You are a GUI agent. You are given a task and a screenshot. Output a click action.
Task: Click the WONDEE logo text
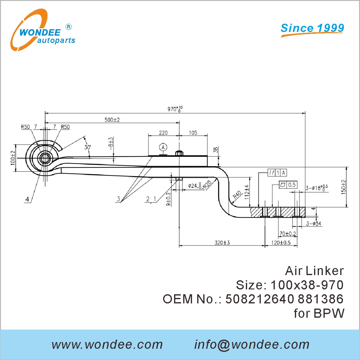click(x=40, y=32)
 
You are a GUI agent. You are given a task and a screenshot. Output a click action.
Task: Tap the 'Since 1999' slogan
click(x=312, y=28)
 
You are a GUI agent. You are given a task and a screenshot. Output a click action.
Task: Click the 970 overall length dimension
click(x=175, y=109)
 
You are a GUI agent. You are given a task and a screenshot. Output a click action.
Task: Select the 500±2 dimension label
click(x=112, y=120)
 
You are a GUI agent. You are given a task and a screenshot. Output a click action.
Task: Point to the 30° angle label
click(x=88, y=147)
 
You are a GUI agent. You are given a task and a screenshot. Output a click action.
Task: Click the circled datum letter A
click(x=163, y=147)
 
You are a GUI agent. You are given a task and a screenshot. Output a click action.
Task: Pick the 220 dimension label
click(x=163, y=133)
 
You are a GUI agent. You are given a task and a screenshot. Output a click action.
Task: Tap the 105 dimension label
click(x=193, y=133)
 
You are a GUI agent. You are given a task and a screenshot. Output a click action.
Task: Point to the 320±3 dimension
click(x=222, y=243)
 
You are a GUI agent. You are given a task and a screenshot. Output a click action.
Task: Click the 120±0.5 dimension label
click(x=281, y=243)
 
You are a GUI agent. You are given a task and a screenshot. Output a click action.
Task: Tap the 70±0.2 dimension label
click(x=288, y=234)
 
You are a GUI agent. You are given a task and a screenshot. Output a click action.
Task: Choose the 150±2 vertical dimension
click(x=344, y=187)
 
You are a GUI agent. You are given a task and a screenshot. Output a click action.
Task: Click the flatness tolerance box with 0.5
click(x=288, y=185)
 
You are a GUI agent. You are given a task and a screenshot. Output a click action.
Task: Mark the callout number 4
click(x=27, y=199)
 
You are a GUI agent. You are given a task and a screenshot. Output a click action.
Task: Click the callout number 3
click(x=118, y=199)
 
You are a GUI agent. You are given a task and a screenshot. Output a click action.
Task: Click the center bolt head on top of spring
click(x=179, y=153)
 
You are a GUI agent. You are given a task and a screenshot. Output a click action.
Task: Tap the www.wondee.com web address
click(x=107, y=344)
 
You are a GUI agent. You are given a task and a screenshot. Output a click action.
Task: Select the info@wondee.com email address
click(x=252, y=344)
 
